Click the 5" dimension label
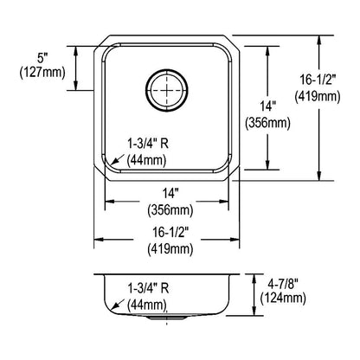[42, 59]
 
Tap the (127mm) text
[42, 73]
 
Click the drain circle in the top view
[167, 90]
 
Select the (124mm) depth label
[283, 299]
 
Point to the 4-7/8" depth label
[283, 285]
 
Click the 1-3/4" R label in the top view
[148, 144]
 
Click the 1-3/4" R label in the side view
[148, 288]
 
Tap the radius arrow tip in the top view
[111, 164]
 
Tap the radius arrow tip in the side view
[112, 309]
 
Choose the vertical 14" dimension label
[267, 106]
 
